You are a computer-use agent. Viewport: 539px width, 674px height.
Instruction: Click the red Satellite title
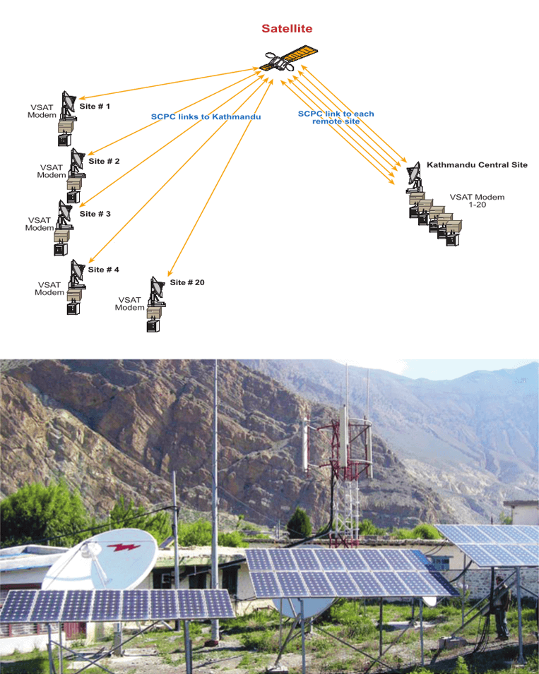(x=287, y=29)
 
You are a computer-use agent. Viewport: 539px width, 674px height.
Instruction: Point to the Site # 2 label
(x=104, y=161)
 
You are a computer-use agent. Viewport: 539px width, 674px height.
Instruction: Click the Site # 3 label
(x=95, y=213)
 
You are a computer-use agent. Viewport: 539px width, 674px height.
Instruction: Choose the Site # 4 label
(x=104, y=270)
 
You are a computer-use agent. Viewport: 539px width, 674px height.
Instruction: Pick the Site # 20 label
(x=187, y=282)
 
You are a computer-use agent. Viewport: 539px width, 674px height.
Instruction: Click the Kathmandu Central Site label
(x=477, y=165)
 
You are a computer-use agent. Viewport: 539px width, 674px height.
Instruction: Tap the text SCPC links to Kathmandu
(x=206, y=116)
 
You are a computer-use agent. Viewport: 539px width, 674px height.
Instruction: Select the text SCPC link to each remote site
(x=336, y=117)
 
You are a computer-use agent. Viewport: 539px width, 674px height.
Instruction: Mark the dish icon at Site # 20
(x=157, y=290)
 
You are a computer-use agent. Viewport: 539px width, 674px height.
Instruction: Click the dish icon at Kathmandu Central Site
(x=414, y=176)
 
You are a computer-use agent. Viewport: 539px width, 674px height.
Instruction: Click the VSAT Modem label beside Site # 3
(x=40, y=224)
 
